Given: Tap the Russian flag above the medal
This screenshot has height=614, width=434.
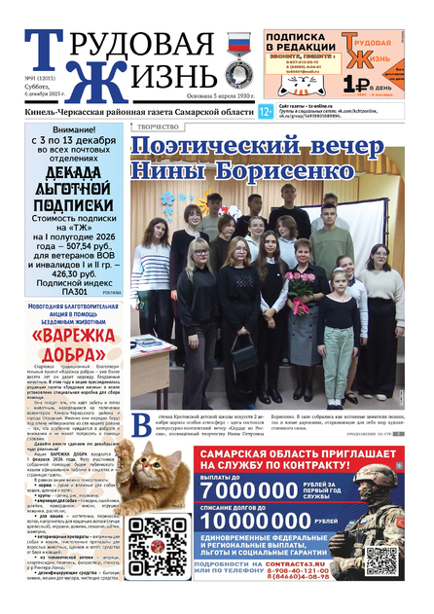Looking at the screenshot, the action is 235,44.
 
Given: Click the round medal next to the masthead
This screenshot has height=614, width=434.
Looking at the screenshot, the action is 235,75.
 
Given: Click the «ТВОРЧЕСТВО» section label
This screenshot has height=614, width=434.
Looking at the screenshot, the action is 157,126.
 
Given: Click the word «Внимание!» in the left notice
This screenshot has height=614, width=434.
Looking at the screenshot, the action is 74,129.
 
